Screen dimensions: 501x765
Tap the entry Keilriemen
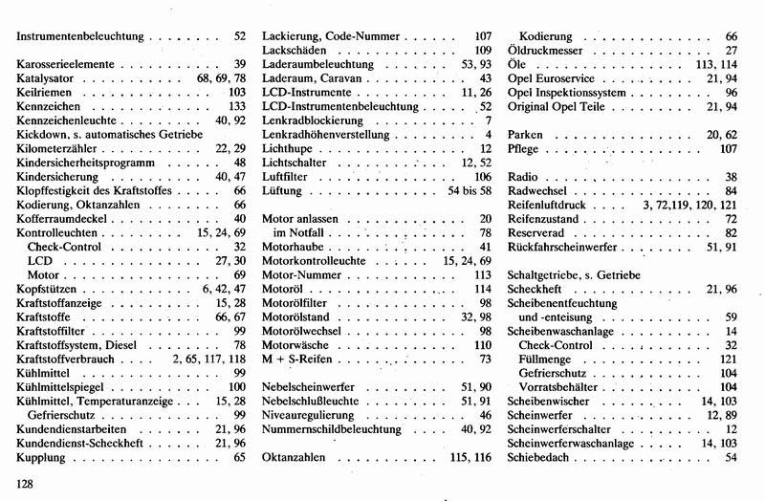(x=44, y=93)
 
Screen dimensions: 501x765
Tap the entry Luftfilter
(x=288, y=177)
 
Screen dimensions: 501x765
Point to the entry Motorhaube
(x=294, y=247)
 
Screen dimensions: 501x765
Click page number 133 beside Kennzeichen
(x=237, y=107)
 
